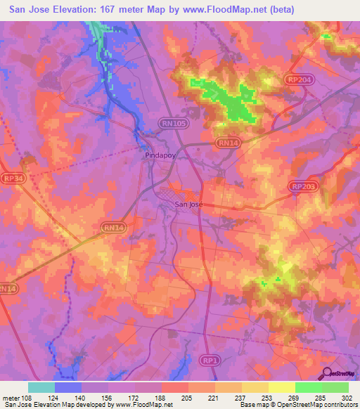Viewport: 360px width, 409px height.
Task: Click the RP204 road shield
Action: coord(298,81)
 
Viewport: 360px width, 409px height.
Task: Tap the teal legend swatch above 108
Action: coord(41,387)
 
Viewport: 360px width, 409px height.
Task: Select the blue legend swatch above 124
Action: coord(68,387)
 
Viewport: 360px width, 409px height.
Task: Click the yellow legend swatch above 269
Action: coord(281,387)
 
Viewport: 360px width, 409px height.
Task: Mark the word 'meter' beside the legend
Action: coord(11,396)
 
